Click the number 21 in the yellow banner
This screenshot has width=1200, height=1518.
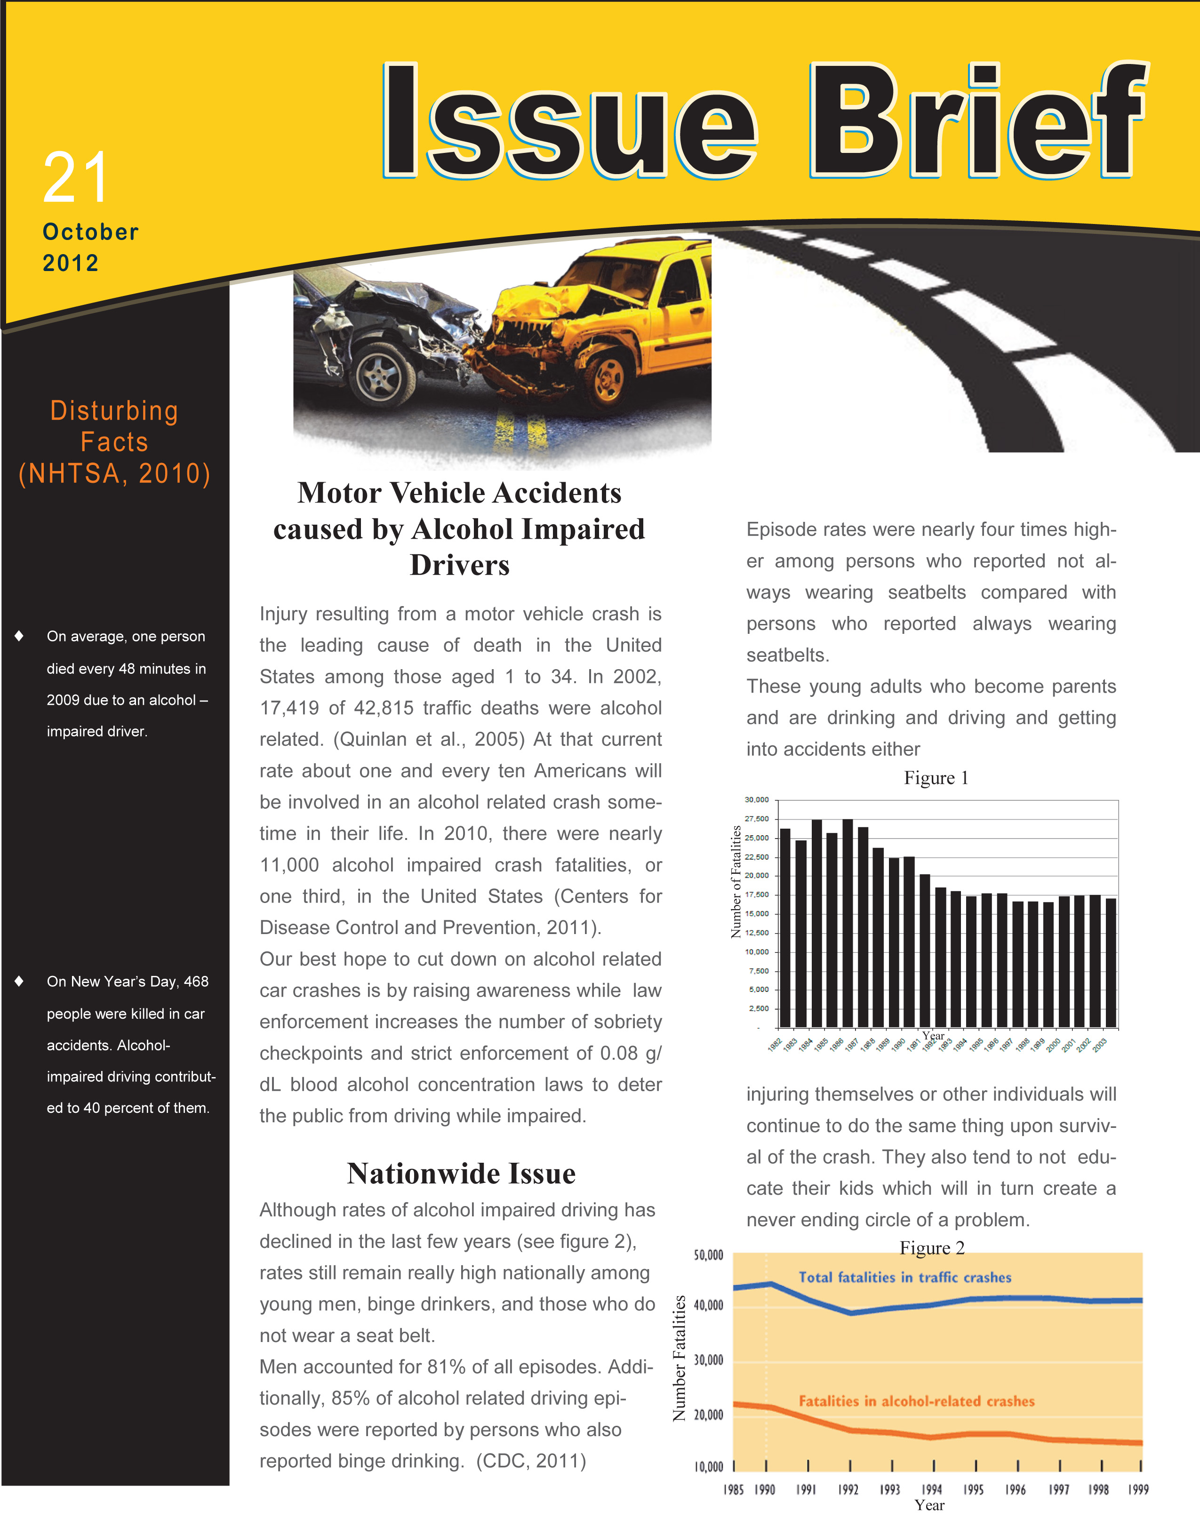[x=76, y=178]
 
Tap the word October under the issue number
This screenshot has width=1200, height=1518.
[x=91, y=232]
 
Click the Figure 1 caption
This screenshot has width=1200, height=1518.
[x=936, y=778]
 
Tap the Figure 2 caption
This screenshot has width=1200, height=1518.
[x=932, y=1247]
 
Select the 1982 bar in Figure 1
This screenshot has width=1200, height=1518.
[x=785, y=927]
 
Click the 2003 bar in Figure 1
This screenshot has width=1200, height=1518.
[x=1110, y=962]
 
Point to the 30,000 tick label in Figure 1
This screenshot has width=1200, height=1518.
[x=757, y=800]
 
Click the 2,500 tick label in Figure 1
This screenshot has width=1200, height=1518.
[x=759, y=1009]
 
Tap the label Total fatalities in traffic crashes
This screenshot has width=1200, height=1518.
[x=905, y=1277]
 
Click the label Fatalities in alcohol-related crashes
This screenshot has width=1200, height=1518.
[x=916, y=1401]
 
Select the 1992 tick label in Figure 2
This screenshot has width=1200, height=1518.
[x=848, y=1489]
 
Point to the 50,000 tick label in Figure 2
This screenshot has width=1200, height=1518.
[x=708, y=1255]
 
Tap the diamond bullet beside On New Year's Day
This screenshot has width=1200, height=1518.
[x=19, y=981]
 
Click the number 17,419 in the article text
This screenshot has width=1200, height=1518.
[x=288, y=708]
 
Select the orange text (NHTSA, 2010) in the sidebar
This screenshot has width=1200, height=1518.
[x=114, y=473]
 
